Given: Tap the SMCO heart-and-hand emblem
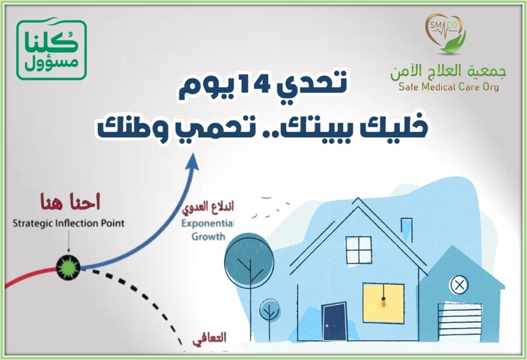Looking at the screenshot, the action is tap(445, 34).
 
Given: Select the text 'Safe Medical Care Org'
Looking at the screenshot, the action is tap(448, 87).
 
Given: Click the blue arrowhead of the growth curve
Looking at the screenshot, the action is tap(193, 162).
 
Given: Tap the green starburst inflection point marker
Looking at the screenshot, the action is tap(68, 267).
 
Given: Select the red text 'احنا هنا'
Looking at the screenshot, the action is tap(70, 202).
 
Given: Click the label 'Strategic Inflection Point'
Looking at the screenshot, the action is tap(69, 223).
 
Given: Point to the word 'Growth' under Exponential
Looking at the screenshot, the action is tap(209, 236).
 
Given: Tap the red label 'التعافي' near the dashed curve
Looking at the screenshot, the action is tap(210, 338).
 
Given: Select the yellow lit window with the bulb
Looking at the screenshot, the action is tap(383, 303).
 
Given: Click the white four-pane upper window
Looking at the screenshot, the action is tap(359, 250).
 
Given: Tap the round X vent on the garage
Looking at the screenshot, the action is tap(459, 285).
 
